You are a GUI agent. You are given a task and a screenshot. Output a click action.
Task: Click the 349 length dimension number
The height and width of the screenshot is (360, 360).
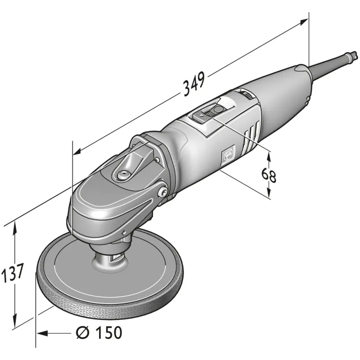coord(194,84)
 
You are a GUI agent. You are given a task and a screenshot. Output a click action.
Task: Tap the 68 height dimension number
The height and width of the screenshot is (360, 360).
coord(269,175)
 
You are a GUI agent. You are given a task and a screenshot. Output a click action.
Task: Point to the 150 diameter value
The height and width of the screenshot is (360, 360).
coord(109,333)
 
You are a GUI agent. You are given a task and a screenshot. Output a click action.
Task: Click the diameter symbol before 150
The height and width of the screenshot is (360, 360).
coord(82,333)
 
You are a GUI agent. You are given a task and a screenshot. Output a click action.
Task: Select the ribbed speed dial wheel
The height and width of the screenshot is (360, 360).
coord(247,94)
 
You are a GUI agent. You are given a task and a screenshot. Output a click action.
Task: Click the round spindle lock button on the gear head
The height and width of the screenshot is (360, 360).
coord(123,175)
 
